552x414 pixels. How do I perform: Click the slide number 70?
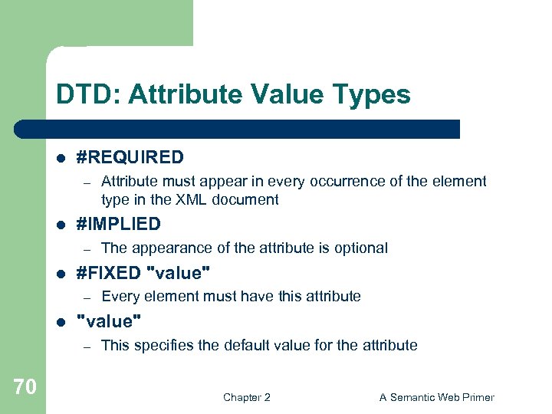25,387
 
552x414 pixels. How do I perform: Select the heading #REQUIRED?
130,158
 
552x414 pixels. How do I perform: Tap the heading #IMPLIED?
119,225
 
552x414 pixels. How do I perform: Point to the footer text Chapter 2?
246,397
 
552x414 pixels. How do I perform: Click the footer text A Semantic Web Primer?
437,397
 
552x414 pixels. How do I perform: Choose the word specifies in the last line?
161,345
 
